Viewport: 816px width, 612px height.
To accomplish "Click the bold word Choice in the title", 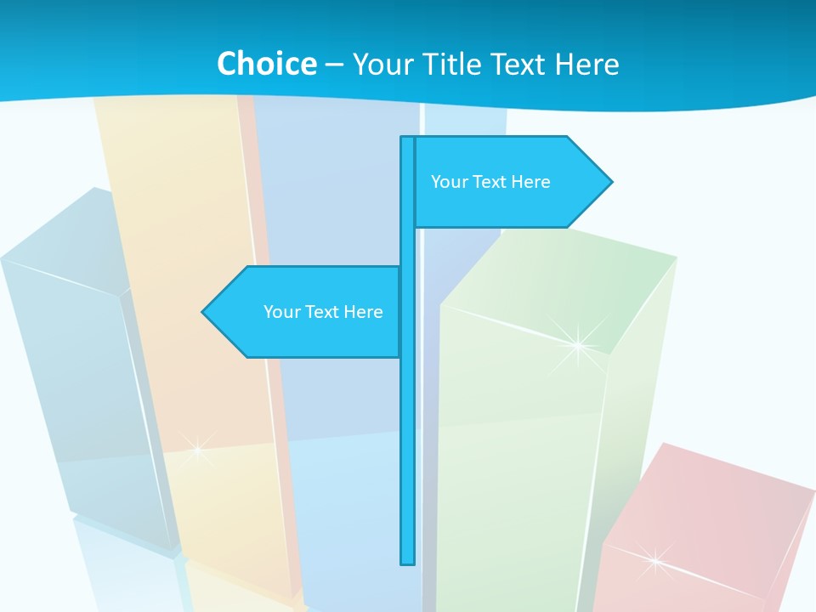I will click(266, 64).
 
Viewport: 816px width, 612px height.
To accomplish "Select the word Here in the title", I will click(586, 64).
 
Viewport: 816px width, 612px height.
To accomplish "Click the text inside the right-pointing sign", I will click(490, 182).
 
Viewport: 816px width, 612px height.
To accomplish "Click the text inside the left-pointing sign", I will click(323, 312).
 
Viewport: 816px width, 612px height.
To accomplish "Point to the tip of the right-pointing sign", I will click(610, 181).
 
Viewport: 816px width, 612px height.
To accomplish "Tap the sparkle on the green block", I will click(578, 344).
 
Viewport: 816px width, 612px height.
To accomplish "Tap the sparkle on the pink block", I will click(654, 558).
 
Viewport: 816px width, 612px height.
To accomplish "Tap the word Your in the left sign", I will click(281, 312).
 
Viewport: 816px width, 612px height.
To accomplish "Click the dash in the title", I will click(334, 65).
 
